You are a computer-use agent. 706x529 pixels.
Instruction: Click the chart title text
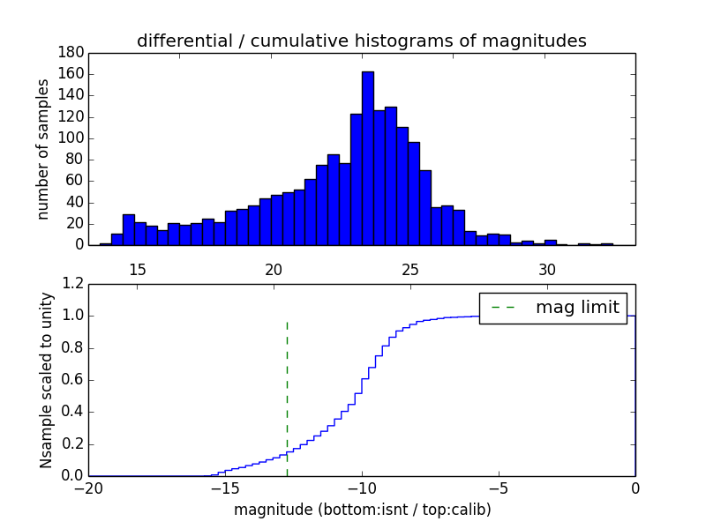point(361,41)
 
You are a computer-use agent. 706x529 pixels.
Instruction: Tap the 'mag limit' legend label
point(578,307)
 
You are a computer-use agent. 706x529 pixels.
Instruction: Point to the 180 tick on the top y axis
point(71,53)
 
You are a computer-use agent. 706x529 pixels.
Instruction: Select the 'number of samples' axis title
point(43,149)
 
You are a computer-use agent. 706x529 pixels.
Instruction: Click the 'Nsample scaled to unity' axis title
point(46,380)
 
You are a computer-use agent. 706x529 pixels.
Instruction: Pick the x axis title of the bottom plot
point(362,510)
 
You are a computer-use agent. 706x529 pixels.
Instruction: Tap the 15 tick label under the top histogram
point(137,269)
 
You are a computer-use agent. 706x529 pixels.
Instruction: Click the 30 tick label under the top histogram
point(547,269)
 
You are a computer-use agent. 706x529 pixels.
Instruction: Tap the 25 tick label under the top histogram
point(410,269)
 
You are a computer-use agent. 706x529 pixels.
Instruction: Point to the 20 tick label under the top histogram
point(274,269)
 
